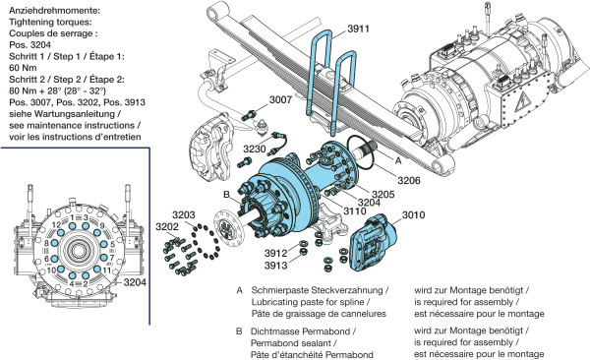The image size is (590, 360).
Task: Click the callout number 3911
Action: (358, 29)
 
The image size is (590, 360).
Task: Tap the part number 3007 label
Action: (280, 99)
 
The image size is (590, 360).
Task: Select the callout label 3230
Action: (255, 150)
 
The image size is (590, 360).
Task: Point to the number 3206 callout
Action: (409, 180)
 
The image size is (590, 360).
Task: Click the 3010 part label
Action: (414, 215)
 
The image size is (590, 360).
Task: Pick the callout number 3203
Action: (184, 215)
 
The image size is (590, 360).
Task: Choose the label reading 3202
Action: (167, 226)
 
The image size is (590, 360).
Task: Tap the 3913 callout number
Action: (275, 266)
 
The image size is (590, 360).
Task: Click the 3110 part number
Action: (355, 210)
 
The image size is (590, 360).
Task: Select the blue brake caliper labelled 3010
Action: (374, 243)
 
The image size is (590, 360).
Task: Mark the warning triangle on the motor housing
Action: (522, 101)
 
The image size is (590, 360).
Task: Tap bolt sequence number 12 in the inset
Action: (56, 225)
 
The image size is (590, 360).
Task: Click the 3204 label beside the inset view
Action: (135, 282)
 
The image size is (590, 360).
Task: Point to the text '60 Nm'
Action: (23, 68)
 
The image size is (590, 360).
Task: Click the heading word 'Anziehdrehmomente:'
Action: (54, 10)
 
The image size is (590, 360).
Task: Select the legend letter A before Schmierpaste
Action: (240, 290)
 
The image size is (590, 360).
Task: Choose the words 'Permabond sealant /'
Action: (293, 343)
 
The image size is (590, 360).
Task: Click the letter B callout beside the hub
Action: (226, 195)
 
